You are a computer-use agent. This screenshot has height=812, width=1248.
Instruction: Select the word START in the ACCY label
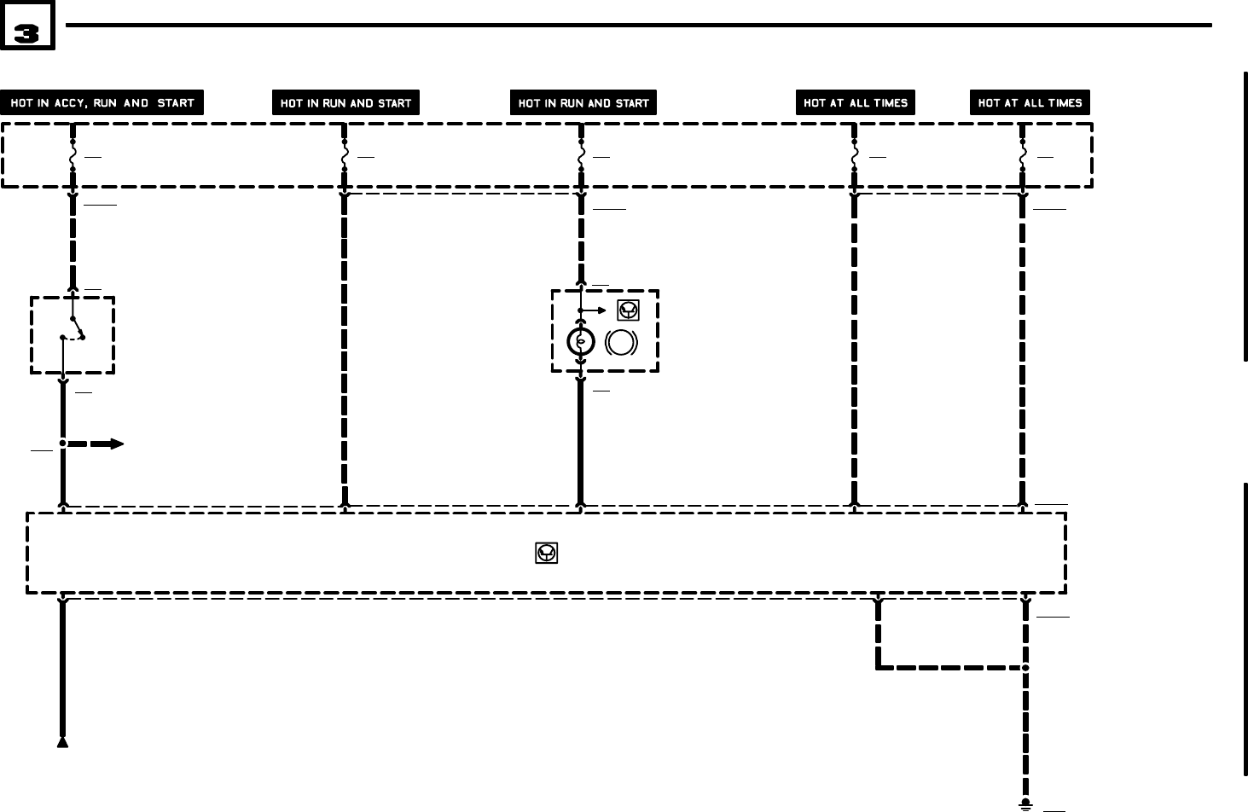(x=176, y=103)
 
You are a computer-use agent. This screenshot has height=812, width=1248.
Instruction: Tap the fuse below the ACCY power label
(x=73, y=157)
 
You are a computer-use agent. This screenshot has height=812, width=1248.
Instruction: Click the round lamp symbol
(x=581, y=343)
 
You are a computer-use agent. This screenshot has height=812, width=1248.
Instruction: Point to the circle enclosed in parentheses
(x=621, y=343)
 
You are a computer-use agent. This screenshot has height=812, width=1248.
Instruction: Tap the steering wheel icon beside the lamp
(x=628, y=310)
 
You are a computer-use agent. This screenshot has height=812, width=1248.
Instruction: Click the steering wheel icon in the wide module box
(x=547, y=554)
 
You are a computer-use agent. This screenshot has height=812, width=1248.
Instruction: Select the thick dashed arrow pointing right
(x=96, y=444)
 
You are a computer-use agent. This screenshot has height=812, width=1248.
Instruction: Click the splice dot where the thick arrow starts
(x=62, y=444)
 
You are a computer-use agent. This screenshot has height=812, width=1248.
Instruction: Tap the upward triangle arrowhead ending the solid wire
(x=62, y=742)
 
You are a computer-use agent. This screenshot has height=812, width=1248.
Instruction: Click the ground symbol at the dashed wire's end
(x=1025, y=804)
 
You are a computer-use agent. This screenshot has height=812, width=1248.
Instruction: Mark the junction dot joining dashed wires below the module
(x=1025, y=667)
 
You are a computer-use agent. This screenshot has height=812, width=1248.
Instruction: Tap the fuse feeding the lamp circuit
(x=581, y=157)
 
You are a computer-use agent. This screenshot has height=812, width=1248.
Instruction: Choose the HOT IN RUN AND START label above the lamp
(x=583, y=103)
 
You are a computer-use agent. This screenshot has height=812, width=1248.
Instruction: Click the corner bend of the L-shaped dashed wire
(x=878, y=667)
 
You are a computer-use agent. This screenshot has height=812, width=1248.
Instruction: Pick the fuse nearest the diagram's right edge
(x=1023, y=157)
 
